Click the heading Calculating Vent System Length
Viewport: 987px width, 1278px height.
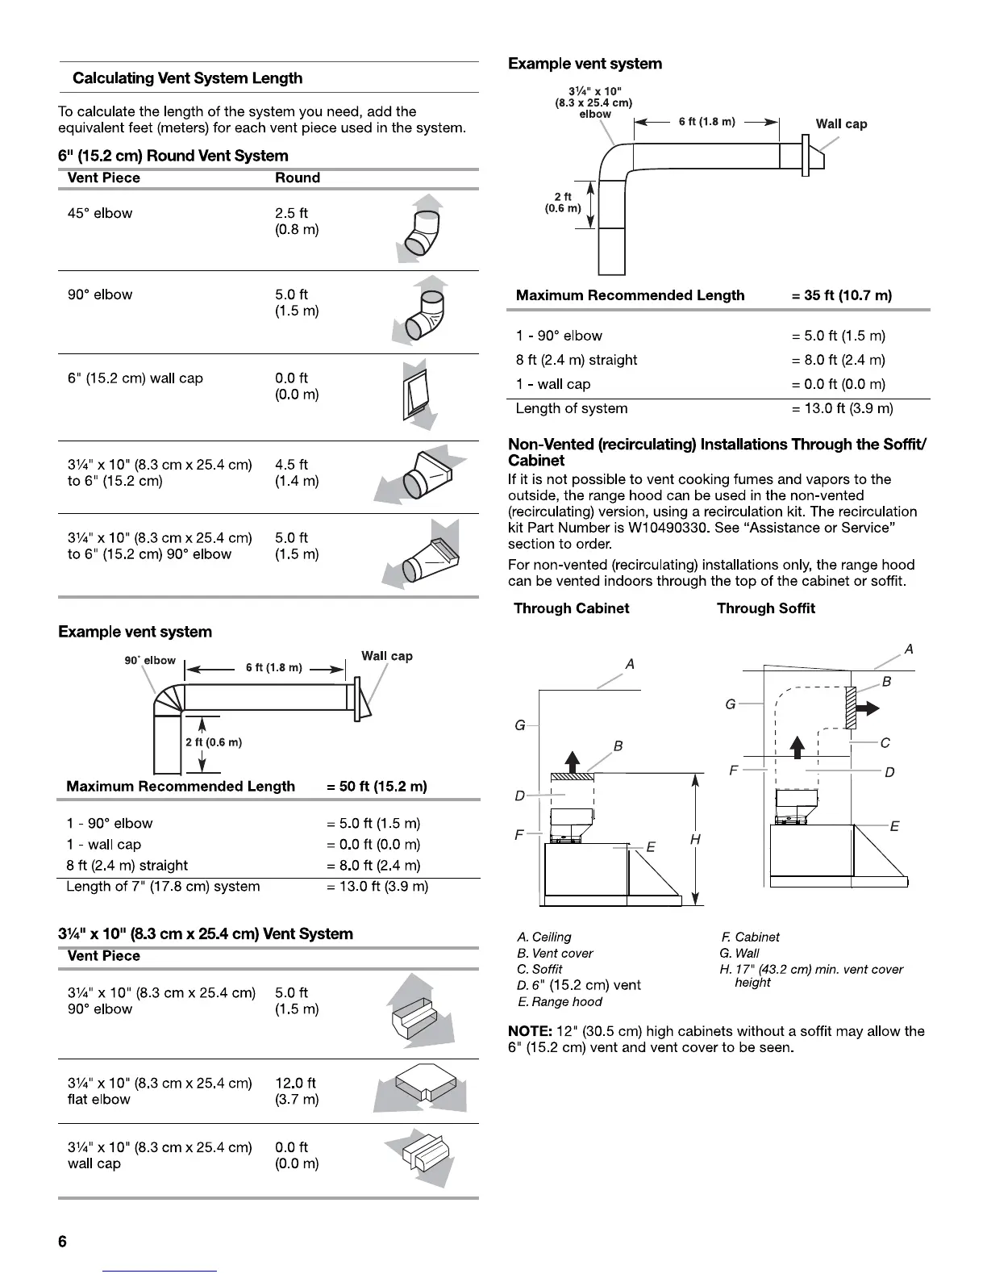pos(187,78)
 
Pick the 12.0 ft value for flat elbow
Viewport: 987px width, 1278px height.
pos(295,1084)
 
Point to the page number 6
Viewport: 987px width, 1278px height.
pos(63,1242)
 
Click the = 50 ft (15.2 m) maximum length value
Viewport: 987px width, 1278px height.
pos(377,787)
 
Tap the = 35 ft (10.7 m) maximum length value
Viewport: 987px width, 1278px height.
pos(842,295)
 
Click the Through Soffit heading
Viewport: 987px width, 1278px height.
pos(765,608)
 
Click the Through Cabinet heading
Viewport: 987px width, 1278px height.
pos(571,608)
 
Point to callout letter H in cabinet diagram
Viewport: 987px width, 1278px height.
pos(695,840)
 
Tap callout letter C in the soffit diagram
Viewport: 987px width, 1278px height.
pos(885,742)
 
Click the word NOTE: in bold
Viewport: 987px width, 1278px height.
pos(530,1031)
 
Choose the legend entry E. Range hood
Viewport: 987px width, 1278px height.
pos(560,1002)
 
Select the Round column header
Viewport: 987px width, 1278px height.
pos(297,178)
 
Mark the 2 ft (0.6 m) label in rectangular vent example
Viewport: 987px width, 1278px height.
pos(563,203)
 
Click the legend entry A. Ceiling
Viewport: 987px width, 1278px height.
pos(544,938)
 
